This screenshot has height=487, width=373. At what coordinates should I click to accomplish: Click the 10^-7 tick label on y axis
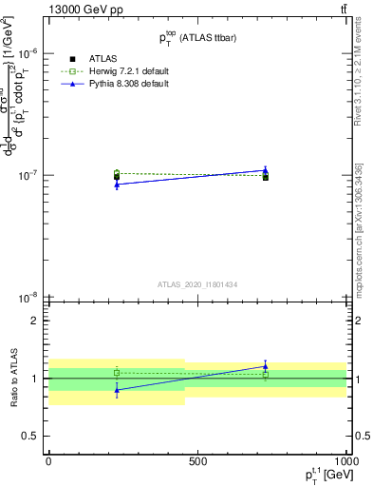(28, 175)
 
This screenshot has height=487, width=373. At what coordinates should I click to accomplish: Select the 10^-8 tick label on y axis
(28, 297)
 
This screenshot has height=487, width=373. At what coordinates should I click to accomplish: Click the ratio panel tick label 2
(34, 321)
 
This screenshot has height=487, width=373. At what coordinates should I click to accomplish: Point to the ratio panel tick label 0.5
(30, 436)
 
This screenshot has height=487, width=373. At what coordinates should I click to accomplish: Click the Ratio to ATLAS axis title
(11, 378)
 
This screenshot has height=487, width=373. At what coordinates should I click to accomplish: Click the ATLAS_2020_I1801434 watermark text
(197, 284)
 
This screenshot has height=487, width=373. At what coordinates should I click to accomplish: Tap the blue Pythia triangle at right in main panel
(266, 170)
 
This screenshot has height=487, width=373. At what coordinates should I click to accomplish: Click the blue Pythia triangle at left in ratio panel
(117, 390)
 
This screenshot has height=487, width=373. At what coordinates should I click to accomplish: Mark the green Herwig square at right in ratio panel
(266, 375)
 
